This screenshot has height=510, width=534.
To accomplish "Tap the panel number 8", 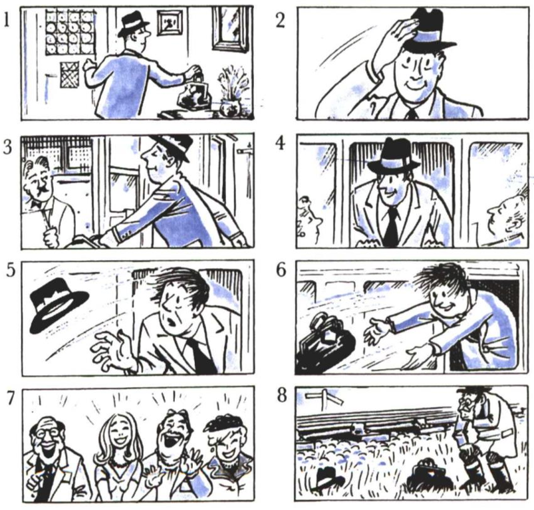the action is (x=282, y=395).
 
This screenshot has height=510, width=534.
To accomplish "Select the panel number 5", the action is (x=11, y=270).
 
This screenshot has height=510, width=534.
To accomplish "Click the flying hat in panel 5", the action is (x=59, y=305).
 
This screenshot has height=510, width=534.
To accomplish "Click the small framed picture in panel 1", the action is (x=170, y=23).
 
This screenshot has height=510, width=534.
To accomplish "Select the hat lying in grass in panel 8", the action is (x=328, y=478).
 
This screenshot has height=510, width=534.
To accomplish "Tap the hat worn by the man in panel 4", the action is (x=393, y=156).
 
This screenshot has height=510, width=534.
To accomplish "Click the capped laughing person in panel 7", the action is (x=227, y=453).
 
